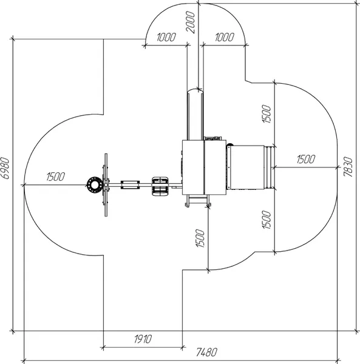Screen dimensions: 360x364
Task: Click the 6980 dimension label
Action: click(5, 168)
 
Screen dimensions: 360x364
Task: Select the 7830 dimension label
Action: click(348, 167)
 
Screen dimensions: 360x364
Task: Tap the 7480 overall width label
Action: click(206, 352)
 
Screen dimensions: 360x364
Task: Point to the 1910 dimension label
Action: click(143, 339)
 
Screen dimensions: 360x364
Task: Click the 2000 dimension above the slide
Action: click(191, 22)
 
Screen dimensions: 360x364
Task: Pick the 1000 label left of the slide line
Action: click(166, 37)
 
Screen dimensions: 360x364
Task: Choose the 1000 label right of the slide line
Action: click(225, 37)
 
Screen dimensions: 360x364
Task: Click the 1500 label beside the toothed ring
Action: click(55, 177)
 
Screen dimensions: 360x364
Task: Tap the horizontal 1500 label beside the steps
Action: click(306, 159)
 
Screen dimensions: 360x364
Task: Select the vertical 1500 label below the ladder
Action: click(200, 238)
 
